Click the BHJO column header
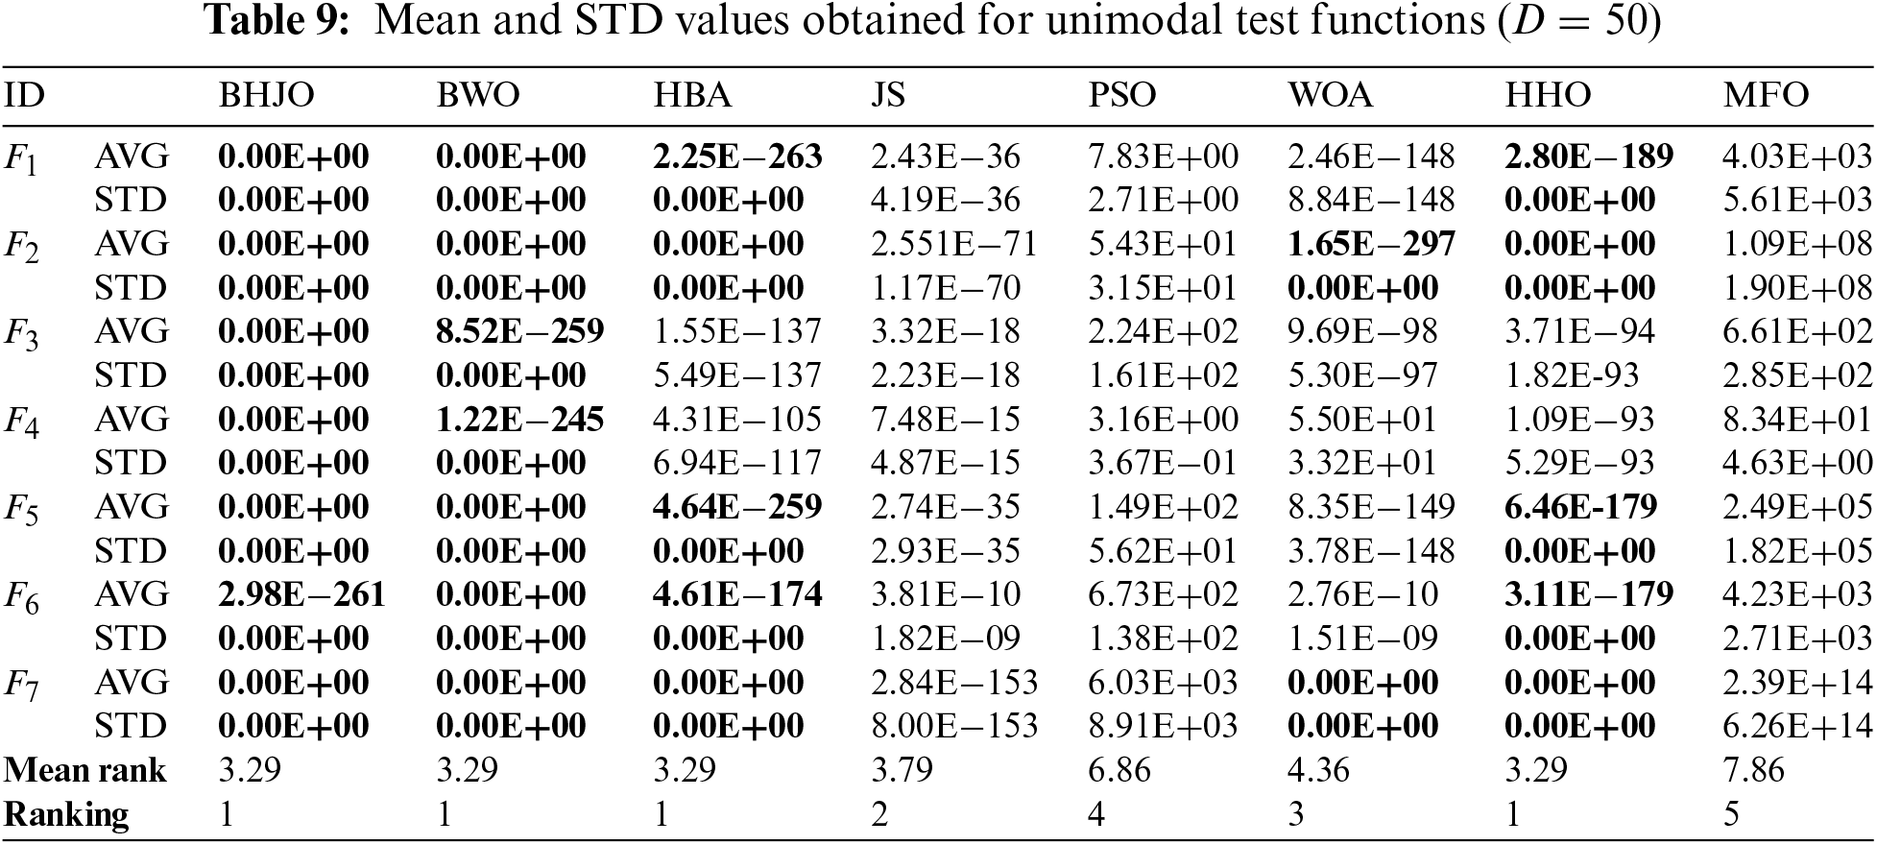(266, 95)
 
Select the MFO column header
(1766, 95)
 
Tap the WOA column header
(1331, 95)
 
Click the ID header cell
(24, 95)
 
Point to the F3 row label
(21, 333)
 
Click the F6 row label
(21, 596)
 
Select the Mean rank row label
(84, 770)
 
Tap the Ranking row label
(66, 814)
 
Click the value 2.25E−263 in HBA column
(737, 157)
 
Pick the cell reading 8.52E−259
(519, 331)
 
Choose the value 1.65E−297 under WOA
(1371, 244)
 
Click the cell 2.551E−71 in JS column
(953, 244)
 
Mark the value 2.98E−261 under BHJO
(301, 594)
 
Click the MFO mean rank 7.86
(1753, 770)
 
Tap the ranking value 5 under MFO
(1731, 814)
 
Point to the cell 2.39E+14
(1796, 682)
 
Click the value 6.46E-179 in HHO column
(1580, 507)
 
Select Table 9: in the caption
(278, 21)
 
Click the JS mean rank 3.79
(902, 770)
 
